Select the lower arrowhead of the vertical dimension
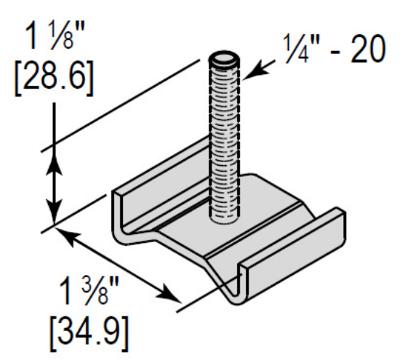(53, 215)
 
